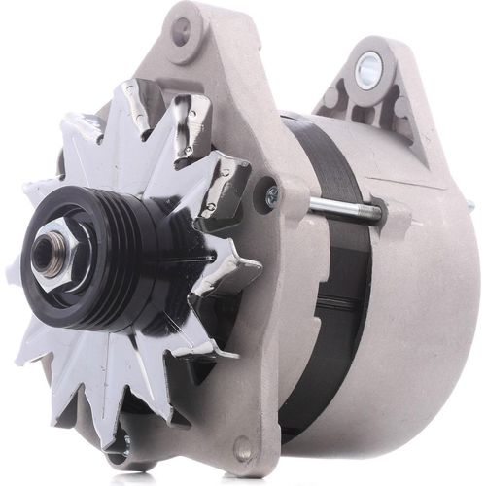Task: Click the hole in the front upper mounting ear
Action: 181,31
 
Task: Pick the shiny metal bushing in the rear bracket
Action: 369,69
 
